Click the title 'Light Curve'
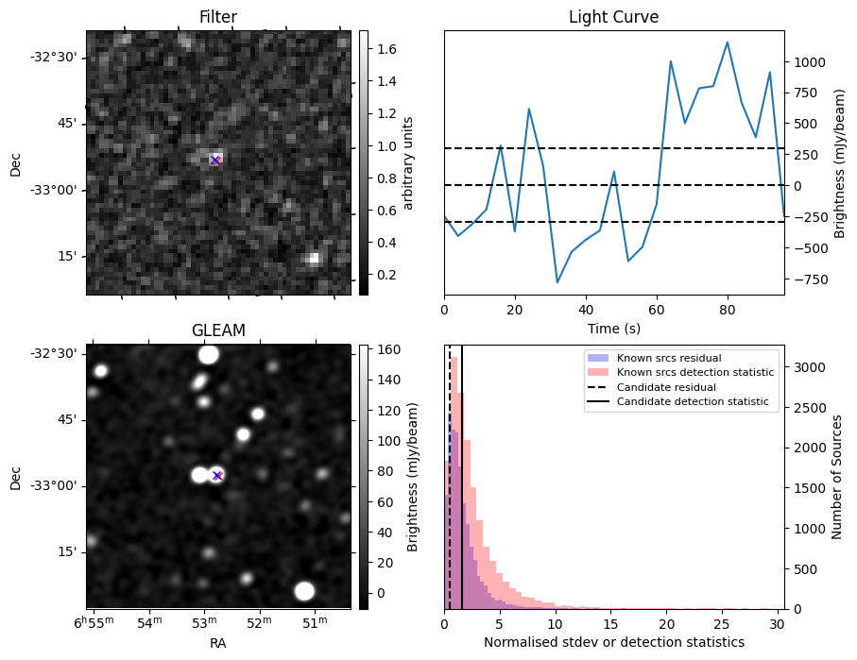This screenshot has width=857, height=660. (613, 18)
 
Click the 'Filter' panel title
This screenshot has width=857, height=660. (218, 18)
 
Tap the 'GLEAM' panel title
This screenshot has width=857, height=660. (218, 330)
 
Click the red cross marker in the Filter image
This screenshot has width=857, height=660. (215, 161)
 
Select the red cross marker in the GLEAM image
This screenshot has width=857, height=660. (216, 475)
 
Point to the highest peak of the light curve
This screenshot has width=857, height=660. (728, 42)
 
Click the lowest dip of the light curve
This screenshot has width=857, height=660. (557, 282)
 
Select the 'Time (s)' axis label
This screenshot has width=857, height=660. (613, 329)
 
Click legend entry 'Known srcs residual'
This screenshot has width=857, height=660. (668, 359)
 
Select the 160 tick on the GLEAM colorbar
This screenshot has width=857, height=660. (389, 350)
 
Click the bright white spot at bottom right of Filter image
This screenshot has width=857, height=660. (314, 258)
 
